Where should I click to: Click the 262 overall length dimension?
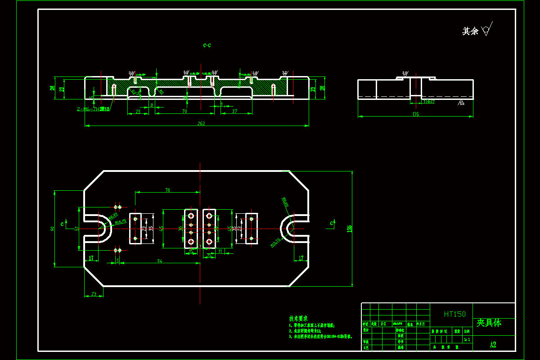[x=201, y=123]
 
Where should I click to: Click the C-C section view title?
[x=207, y=45]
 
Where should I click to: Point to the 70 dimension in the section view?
[x=184, y=111]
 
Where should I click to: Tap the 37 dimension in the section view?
[x=234, y=111]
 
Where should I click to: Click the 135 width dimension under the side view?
[x=415, y=114]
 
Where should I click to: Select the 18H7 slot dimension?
[x=429, y=102]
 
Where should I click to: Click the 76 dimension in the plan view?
[x=167, y=190]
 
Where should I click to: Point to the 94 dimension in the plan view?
[x=159, y=261]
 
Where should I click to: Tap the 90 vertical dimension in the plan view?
[x=52, y=229]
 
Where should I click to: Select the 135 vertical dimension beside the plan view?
[x=349, y=229]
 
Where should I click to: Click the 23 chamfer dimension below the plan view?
[x=94, y=294]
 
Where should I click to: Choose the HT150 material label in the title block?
[x=454, y=314]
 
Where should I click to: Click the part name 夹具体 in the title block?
[x=489, y=323]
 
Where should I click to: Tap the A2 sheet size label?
[x=493, y=345]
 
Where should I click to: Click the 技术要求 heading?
[x=298, y=318]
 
